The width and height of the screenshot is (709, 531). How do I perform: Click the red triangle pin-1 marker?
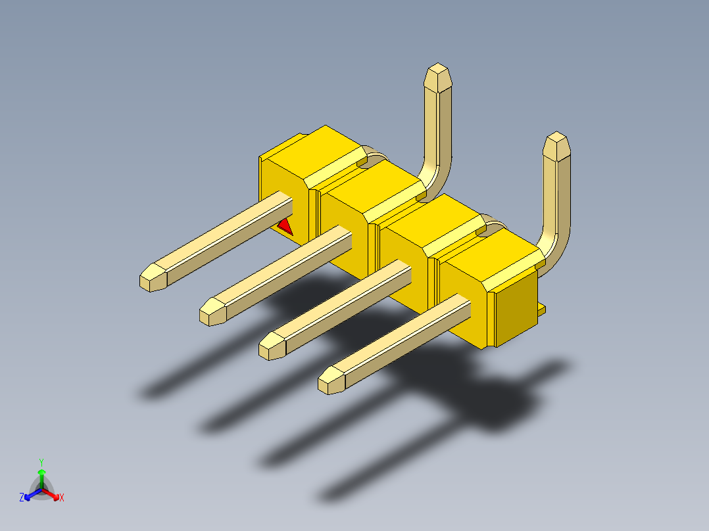coord(285,227)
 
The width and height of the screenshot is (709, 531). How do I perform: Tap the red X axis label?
coord(62,497)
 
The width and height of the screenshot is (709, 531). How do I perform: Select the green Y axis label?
coord(41,462)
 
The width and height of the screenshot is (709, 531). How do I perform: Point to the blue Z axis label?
coord(22,497)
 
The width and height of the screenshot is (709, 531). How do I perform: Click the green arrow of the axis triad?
coord(41,476)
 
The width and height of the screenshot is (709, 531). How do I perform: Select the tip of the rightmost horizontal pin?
coord(331,380)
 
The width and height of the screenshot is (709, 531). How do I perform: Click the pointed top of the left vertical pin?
coord(438,78)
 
